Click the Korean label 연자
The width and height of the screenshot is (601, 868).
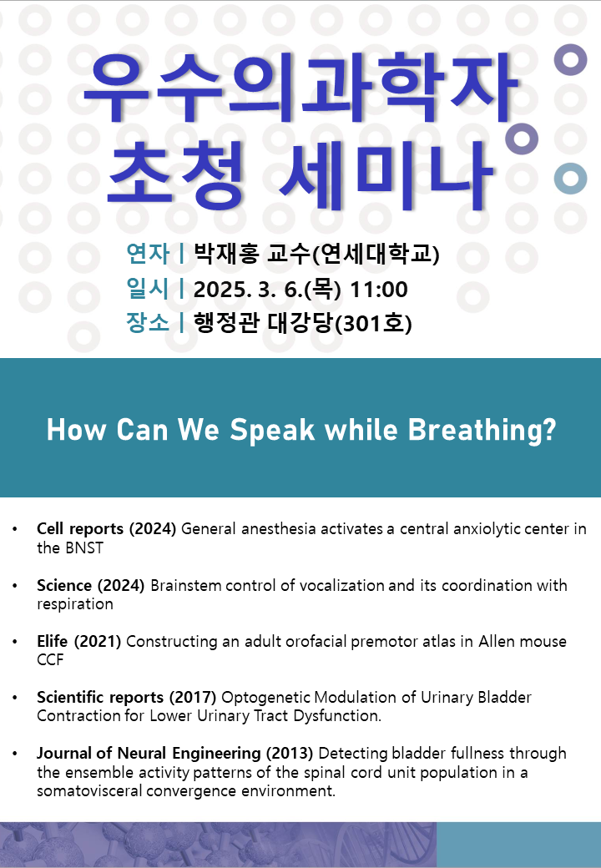coord(148,254)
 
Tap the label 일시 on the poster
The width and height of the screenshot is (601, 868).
coord(148,289)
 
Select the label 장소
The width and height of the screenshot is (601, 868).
coord(148,323)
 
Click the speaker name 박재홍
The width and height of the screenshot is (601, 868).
coord(225,254)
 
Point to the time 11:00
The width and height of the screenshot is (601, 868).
coord(379,289)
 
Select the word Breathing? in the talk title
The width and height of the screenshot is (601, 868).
coord(482,430)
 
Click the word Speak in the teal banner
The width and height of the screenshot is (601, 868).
coord(272,430)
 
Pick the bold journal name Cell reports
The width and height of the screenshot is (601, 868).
coord(80,528)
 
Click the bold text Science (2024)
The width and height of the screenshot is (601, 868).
coord(91,585)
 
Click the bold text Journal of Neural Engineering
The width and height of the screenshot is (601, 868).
coord(149,754)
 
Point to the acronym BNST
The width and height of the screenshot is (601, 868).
coord(84,548)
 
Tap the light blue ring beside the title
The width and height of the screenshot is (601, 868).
coord(571,179)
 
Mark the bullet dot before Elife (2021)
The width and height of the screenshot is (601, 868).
coord(15,642)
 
